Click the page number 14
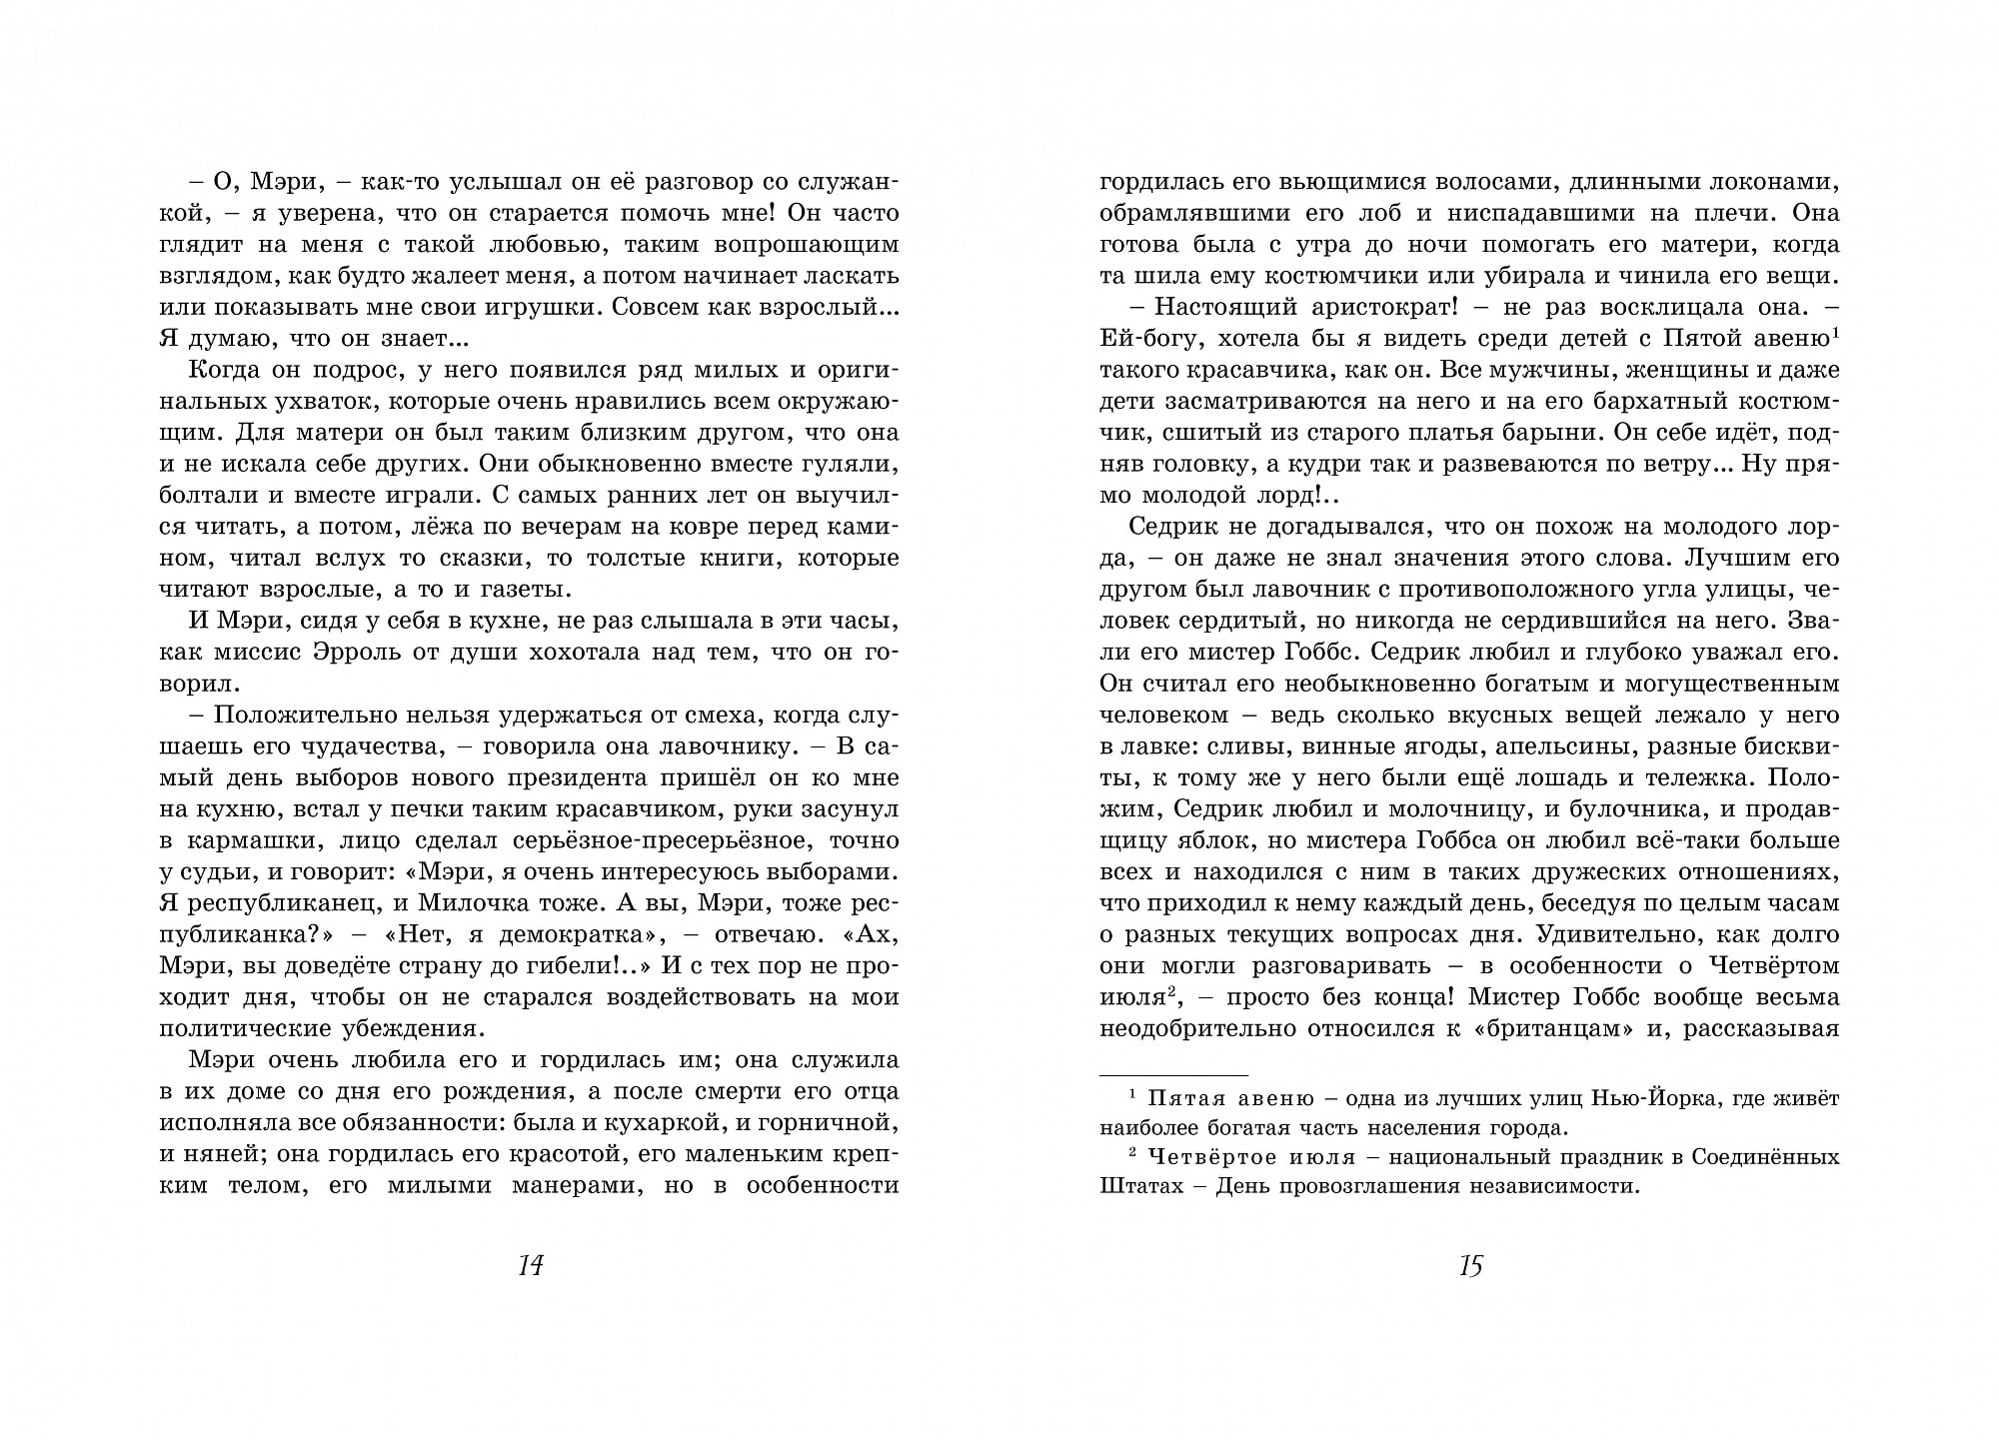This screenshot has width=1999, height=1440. (530, 1265)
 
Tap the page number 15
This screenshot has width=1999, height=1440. (1470, 1265)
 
